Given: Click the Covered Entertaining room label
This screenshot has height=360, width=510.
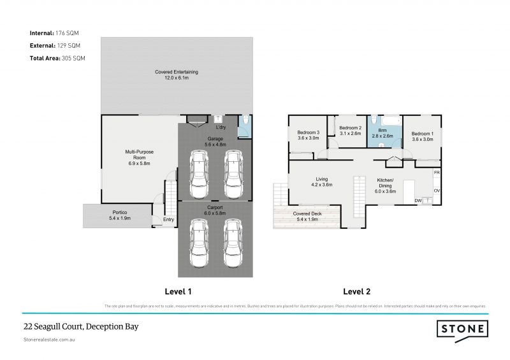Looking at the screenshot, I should click(177, 75).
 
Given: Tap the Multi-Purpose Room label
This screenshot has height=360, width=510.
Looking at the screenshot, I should click(139, 155).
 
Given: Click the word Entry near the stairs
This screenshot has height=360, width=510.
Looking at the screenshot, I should click(168, 220).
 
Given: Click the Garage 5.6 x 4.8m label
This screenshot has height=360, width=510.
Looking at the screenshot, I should click(214, 141).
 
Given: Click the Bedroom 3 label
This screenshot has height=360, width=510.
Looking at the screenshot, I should click(308, 135).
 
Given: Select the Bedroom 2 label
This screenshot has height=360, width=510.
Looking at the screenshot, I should click(350, 131).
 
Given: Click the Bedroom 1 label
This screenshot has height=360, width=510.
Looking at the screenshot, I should click(423, 136).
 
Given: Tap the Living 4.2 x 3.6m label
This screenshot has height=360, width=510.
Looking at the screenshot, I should click(322, 182).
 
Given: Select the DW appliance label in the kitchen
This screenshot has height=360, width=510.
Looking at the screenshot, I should click(418, 201).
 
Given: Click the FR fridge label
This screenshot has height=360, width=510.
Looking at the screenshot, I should click(437, 173).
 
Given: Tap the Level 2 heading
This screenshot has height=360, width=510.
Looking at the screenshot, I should click(357, 292).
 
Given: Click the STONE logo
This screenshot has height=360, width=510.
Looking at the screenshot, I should click(463, 329).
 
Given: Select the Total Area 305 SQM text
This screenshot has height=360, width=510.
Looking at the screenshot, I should click(57, 58).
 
